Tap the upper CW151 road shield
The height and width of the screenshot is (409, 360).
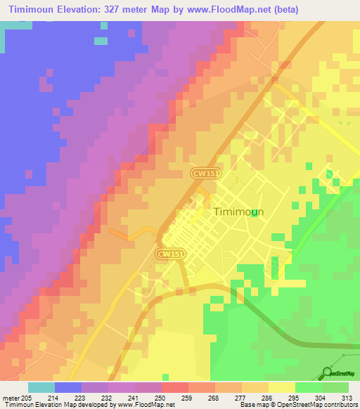click(x=202, y=172)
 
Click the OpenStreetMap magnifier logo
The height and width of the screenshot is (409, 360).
click(x=326, y=372)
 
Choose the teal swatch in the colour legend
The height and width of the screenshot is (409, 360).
click(x=41, y=387)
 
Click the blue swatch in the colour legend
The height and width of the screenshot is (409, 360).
click(x=68, y=387)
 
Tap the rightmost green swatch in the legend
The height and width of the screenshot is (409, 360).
click(x=335, y=387)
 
